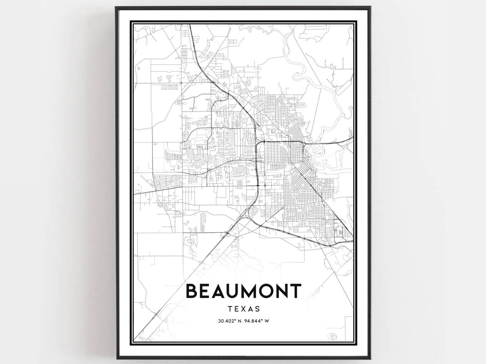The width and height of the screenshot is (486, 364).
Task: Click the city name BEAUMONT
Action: pos(243,291)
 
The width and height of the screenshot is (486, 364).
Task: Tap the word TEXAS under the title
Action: pos(243,309)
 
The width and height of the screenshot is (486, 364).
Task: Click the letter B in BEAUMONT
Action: pos(192,291)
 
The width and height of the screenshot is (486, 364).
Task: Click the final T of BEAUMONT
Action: pos(295,291)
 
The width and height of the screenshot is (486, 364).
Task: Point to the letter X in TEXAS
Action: pos(243,309)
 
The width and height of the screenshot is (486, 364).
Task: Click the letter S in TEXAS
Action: pos(257,309)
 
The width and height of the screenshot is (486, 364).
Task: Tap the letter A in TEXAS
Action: pos(250,309)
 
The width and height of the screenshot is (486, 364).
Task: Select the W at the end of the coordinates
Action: pos(267,321)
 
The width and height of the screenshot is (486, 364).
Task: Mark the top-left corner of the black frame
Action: pos(116,8)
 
